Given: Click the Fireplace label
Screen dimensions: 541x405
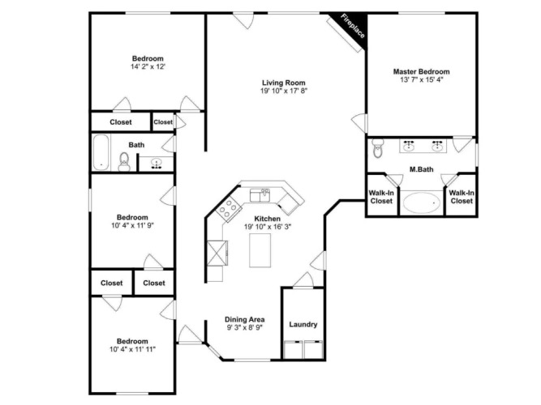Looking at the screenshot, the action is pyautogui.click(x=353, y=26).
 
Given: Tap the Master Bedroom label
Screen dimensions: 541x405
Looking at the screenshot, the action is pyautogui.click(x=421, y=72).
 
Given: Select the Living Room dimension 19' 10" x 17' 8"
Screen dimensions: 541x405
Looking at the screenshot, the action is pyautogui.click(x=284, y=91).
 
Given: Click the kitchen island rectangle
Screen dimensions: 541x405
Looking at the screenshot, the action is pyautogui.click(x=260, y=250).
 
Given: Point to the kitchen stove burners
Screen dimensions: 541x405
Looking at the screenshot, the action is pyautogui.click(x=228, y=208).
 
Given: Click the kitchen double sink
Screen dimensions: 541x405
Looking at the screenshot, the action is pyautogui.click(x=260, y=195).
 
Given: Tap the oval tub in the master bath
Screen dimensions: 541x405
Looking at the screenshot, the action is pyautogui.click(x=422, y=202).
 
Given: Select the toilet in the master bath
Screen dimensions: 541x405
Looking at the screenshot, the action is pyautogui.click(x=378, y=148).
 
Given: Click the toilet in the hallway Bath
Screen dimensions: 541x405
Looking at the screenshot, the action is pyautogui.click(x=124, y=161).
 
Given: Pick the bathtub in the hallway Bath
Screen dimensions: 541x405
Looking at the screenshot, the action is pyautogui.click(x=101, y=152).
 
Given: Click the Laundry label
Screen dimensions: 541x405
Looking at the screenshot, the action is pyautogui.click(x=303, y=324).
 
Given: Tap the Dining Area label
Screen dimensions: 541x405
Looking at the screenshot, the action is pyautogui.click(x=245, y=319).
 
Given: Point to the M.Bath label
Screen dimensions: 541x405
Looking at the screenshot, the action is pyautogui.click(x=421, y=169).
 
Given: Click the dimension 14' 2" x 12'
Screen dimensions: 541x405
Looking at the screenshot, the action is pyautogui.click(x=148, y=66).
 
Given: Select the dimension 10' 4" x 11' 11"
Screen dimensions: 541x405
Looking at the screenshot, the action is pyautogui.click(x=132, y=349).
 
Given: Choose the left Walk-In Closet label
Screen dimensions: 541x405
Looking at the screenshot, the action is pyautogui.click(x=381, y=197).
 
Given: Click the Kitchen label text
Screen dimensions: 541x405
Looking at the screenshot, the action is pyautogui.click(x=268, y=219).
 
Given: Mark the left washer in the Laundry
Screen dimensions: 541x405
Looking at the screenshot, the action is pyautogui.click(x=293, y=350).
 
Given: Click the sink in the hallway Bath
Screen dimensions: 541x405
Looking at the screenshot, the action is pyautogui.click(x=157, y=164).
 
